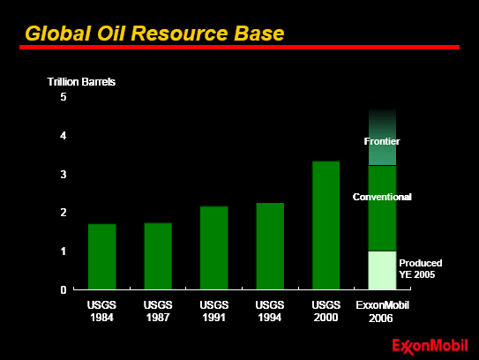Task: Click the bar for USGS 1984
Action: pyautogui.click(x=102, y=257)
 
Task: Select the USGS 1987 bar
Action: pyautogui.click(x=158, y=256)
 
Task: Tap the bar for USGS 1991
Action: pyautogui.click(x=214, y=248)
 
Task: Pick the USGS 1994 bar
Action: pyautogui.click(x=270, y=246)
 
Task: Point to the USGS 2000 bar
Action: pyautogui.click(x=326, y=225)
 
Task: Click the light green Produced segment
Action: pyautogui.click(x=382, y=270)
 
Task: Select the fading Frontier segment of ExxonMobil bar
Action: pyautogui.click(x=382, y=137)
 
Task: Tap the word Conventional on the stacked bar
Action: pyautogui.click(x=382, y=197)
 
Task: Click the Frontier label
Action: pyautogui.click(x=382, y=141)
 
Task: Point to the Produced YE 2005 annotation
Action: pyautogui.click(x=421, y=268)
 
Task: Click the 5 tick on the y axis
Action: pyautogui.click(x=64, y=97)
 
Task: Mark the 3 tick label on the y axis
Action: pyautogui.click(x=64, y=175)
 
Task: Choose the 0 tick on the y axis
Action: pyautogui.click(x=64, y=289)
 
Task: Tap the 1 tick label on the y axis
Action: pyautogui.click(x=64, y=251)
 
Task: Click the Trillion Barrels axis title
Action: pyautogui.click(x=81, y=82)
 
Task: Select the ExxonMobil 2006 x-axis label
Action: pyautogui.click(x=382, y=311)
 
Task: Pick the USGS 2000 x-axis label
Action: pyautogui.click(x=326, y=311)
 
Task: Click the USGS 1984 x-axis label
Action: pyautogui.click(x=101, y=311)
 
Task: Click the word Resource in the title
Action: pyautogui.click(x=180, y=33)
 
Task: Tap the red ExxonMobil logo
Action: pyautogui.click(x=430, y=347)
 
